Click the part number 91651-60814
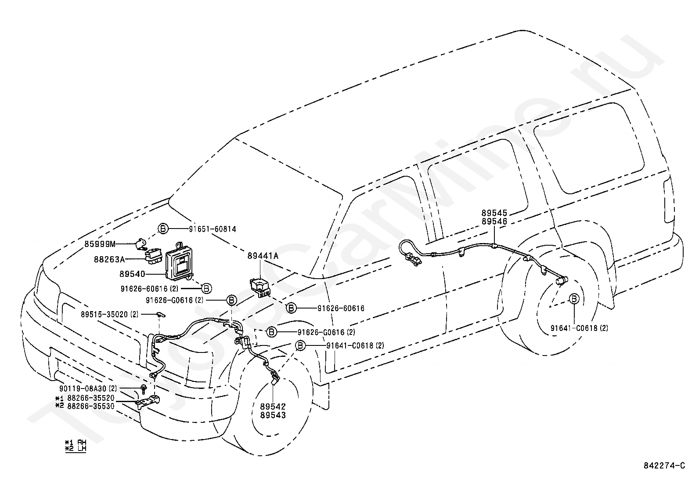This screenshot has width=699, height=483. pos(213,229)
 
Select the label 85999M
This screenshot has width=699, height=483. pos(100,244)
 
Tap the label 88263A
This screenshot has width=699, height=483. pos(109,259)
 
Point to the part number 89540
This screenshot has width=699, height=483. pos(132,274)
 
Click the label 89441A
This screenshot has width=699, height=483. pos(263,255)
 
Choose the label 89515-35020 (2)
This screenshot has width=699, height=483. pos(109,314)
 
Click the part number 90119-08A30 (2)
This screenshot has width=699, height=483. pos(88,389)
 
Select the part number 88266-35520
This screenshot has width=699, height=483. pos(91,398)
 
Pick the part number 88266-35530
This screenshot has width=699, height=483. pos(91,406)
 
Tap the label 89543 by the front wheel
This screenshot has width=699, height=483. pos(273,415)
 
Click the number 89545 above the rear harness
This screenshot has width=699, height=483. pos(494,213)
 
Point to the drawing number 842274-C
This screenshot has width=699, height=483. pos(664,465)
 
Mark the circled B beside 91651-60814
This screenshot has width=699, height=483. pos(163,229)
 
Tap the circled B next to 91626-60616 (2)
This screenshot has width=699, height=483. pos(206,288)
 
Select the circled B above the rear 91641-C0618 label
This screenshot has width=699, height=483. pos(574,299)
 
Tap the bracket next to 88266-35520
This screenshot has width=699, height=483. pos(148,403)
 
